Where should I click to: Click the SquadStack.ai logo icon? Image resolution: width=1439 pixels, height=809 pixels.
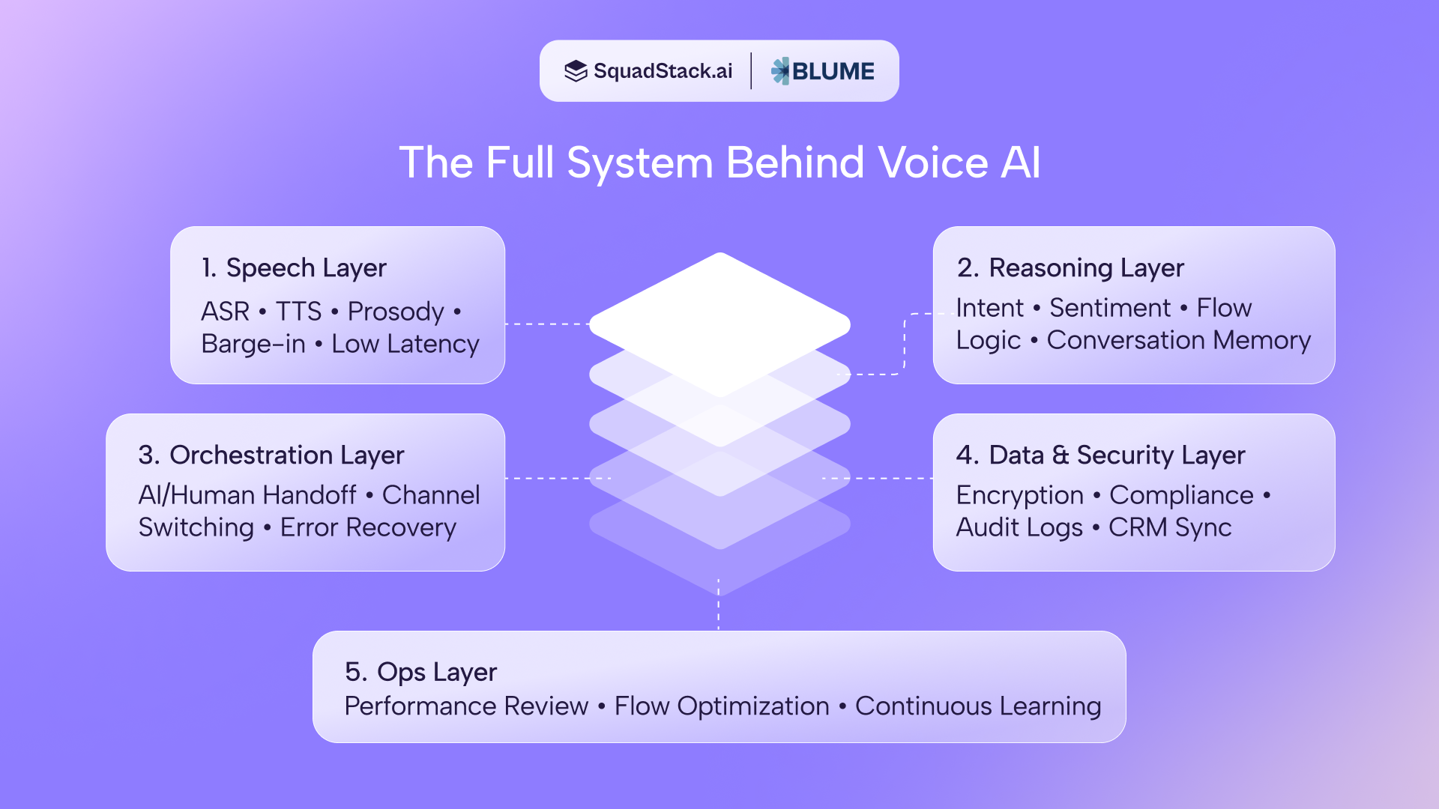(576, 71)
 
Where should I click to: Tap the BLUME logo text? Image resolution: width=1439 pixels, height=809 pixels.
(833, 71)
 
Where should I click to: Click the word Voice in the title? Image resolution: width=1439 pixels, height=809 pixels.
(933, 163)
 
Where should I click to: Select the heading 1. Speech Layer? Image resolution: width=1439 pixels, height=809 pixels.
(294, 268)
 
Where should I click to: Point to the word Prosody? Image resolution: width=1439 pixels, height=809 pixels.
(396, 312)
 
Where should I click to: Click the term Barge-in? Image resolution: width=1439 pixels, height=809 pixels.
(253, 344)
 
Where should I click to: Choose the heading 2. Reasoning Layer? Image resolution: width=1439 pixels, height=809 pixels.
(1070, 268)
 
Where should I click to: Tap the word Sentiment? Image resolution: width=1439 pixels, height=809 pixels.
(1109, 308)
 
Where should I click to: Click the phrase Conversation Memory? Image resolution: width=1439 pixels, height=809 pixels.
(1178, 340)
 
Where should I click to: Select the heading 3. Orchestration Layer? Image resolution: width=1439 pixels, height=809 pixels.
(271, 455)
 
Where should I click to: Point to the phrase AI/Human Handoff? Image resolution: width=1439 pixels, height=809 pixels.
(247, 495)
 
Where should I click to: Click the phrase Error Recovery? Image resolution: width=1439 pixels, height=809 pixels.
(368, 527)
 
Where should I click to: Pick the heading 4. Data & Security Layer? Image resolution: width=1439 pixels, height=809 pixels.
(1100, 455)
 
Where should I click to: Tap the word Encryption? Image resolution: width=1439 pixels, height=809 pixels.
(1019, 495)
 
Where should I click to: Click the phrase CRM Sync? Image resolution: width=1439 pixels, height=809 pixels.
(1170, 527)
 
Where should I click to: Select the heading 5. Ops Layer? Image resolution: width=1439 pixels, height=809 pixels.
(420, 672)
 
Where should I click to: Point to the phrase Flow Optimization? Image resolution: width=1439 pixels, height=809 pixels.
(722, 706)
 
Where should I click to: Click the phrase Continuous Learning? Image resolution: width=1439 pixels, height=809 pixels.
(978, 706)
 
